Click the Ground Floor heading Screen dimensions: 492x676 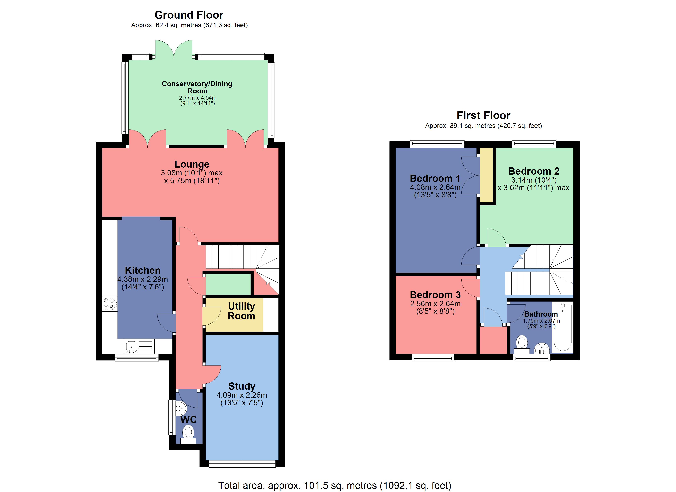tap(189, 15)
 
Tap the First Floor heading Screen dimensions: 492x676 tap(483, 115)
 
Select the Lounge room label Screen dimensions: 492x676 tap(192, 164)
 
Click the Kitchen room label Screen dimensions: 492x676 tap(143, 270)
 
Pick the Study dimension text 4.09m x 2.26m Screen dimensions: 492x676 tap(242, 395)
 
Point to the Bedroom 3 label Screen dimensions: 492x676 tap(435, 295)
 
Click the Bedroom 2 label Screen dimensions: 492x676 tap(533, 171)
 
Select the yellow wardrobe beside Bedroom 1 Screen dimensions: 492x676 tap(486, 175)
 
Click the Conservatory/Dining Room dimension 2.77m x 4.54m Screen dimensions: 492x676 tap(198, 98)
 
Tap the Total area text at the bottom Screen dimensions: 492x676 tap(335, 485)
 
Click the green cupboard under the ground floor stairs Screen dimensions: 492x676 tap(228, 285)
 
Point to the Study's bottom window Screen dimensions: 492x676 tap(242, 463)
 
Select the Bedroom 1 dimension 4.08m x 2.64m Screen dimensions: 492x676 tap(435, 187)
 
